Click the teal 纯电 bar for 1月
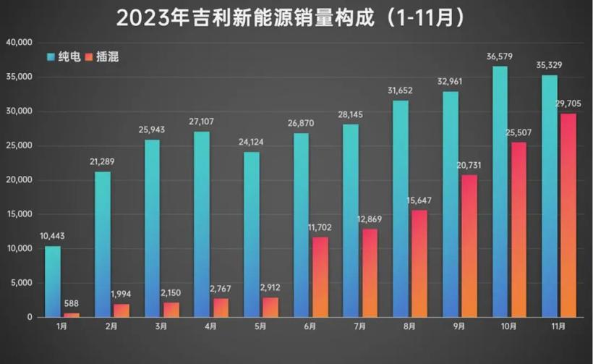click(x=53, y=282)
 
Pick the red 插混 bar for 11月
click(x=568, y=215)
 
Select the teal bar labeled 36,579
click(x=500, y=192)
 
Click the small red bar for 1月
click(x=72, y=315)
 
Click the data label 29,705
click(x=568, y=104)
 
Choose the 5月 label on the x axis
click(x=260, y=326)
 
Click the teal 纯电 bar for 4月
click(x=202, y=224)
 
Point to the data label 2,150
click(x=171, y=293)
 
